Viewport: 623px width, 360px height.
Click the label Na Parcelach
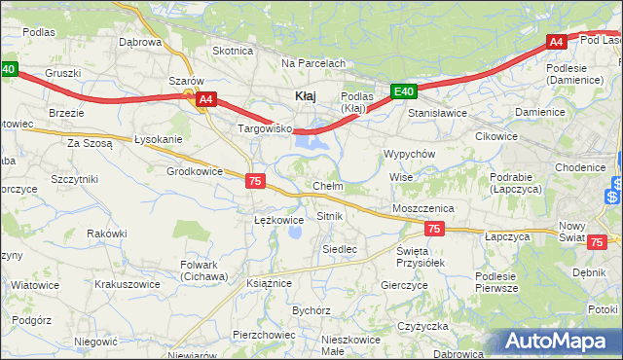[x=313, y=63]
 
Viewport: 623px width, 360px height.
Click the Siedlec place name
[x=340, y=249]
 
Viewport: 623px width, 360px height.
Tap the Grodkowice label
[x=195, y=171]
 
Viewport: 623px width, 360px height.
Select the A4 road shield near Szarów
[x=205, y=99]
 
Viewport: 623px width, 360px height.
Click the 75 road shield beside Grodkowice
[x=255, y=180]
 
